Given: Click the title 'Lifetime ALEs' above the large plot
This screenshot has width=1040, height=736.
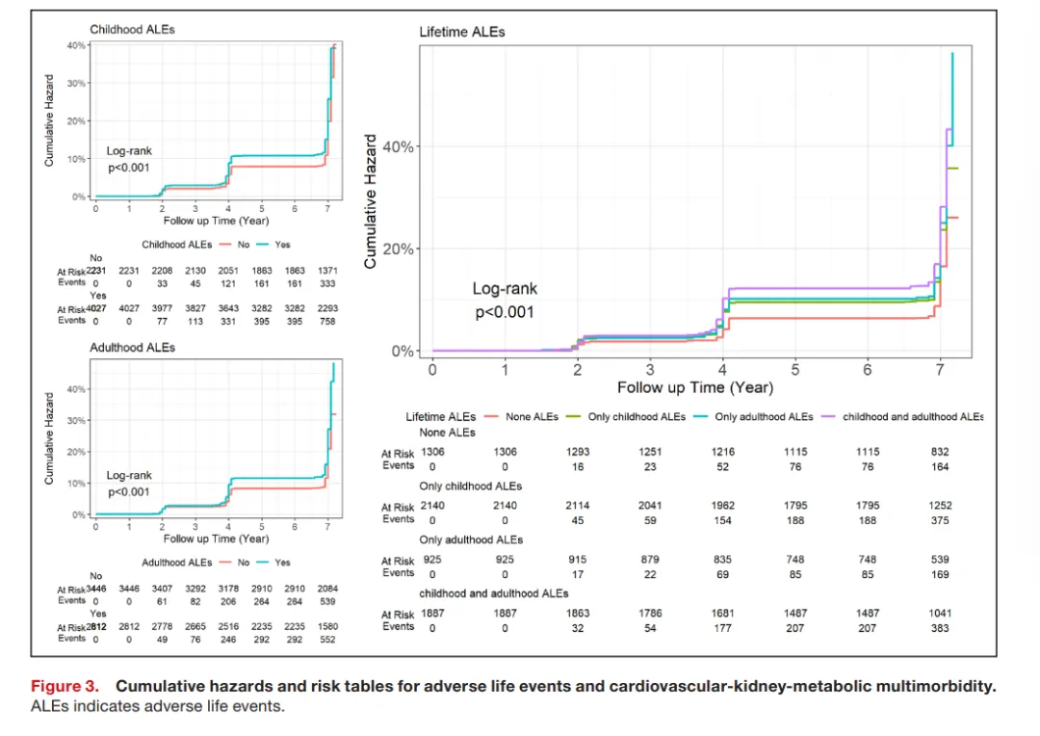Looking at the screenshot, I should (x=462, y=32).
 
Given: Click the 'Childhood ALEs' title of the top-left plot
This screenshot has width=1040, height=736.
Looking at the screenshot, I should (x=133, y=30).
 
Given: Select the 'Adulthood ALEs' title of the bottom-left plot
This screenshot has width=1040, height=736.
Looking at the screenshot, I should (x=133, y=347).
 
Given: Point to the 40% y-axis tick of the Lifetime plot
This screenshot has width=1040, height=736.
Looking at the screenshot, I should (x=399, y=146).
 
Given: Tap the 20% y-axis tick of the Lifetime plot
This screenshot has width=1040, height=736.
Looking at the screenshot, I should (x=399, y=249).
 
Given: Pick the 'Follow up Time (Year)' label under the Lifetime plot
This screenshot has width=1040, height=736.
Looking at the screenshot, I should (x=695, y=387).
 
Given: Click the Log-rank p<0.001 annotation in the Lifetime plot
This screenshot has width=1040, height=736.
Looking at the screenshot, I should (x=505, y=301).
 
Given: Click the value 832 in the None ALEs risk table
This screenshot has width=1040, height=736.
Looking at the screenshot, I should (x=940, y=452).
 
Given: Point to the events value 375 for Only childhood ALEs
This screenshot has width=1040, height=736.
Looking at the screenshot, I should (x=940, y=520).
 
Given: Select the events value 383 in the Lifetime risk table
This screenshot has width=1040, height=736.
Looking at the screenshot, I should (x=940, y=628).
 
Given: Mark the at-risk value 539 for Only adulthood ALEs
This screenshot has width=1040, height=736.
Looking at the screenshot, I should (x=940, y=560).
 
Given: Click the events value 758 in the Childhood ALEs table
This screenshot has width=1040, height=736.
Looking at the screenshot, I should (x=328, y=321).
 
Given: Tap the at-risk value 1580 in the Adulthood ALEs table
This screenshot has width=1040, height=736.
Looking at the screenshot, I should (x=328, y=626).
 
